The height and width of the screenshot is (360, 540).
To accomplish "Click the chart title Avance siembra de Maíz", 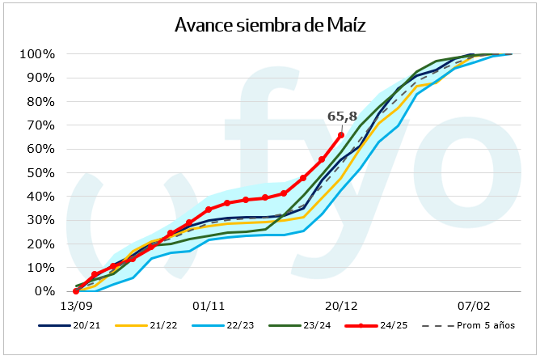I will coord(270,25).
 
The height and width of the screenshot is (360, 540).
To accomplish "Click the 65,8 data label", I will coord(342,116).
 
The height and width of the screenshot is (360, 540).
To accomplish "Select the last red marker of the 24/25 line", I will coord(341,135).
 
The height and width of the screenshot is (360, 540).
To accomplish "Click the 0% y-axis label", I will coord(44,291).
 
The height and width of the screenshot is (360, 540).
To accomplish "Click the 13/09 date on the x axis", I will coord(75,307).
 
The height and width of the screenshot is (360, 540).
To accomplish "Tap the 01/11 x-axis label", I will coord(209,307).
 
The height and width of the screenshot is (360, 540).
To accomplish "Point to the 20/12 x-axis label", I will coord(341,307).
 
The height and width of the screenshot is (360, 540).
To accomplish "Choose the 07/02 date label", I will coord(474,307).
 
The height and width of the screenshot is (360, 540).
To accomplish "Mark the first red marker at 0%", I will coord(76,291).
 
